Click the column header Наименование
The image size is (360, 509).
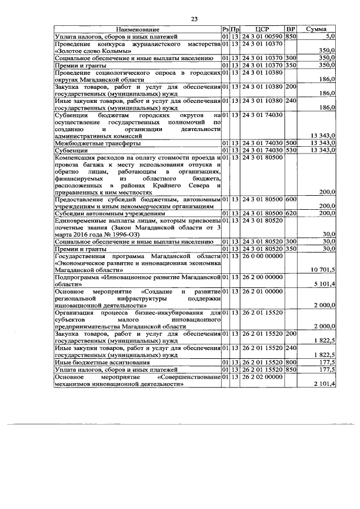click(138, 29)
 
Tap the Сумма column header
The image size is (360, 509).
click(317, 29)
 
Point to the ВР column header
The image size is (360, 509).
click(291, 29)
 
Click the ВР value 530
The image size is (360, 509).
click(291, 150)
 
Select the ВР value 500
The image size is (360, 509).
click(291, 143)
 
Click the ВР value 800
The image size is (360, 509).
click(291, 363)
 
